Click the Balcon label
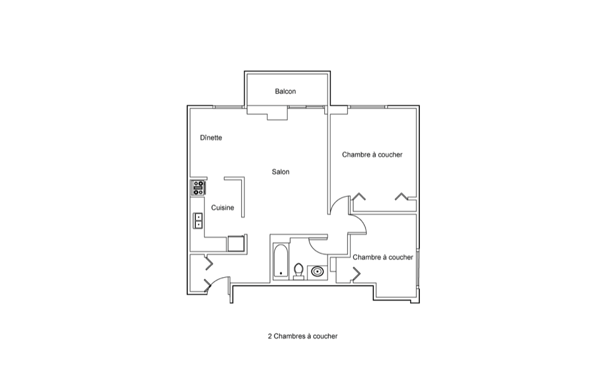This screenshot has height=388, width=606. (x=285, y=92)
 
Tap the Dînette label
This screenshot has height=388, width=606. (x=211, y=138)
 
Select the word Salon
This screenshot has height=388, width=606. (x=281, y=172)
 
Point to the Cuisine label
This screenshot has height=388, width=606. (x=222, y=207)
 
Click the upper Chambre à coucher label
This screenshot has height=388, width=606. (x=372, y=155)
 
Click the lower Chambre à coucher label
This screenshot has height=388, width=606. (x=383, y=257)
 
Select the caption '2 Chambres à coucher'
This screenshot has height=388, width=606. (x=302, y=336)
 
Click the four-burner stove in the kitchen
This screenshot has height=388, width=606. (x=198, y=188)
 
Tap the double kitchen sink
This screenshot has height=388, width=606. (x=198, y=221)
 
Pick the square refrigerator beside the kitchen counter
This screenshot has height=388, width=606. (x=236, y=243)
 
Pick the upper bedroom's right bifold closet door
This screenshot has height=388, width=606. (x=401, y=196)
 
